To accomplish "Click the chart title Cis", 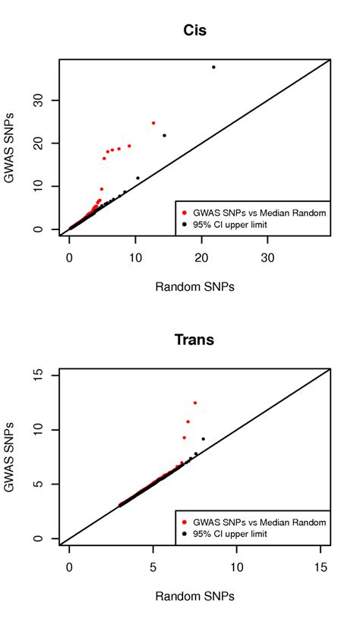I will pyautogui.click(x=195, y=30).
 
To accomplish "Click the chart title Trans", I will pyautogui.click(x=195, y=340).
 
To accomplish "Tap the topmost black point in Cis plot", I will pyautogui.click(x=213, y=67).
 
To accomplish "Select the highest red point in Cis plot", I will pyautogui.click(x=153, y=122).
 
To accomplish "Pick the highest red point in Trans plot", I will pyautogui.click(x=195, y=403).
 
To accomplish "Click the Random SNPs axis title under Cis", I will pyautogui.click(x=195, y=286).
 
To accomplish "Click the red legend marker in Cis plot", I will pyautogui.click(x=185, y=213).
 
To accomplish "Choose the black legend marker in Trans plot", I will pyautogui.click(x=185, y=534).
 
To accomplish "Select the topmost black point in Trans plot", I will pyautogui.click(x=203, y=439).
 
